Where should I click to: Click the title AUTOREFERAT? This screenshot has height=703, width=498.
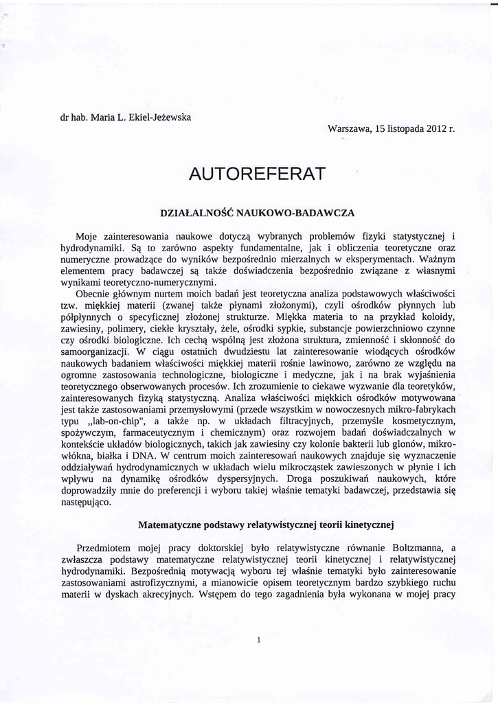click(x=256, y=174)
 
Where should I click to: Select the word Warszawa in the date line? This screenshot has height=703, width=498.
click(x=350, y=128)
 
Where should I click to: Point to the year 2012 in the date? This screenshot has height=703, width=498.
click(x=435, y=128)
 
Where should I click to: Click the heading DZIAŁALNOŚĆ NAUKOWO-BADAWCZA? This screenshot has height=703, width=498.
click(x=257, y=213)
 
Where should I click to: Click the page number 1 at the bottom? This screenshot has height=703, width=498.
click(x=258, y=640)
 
